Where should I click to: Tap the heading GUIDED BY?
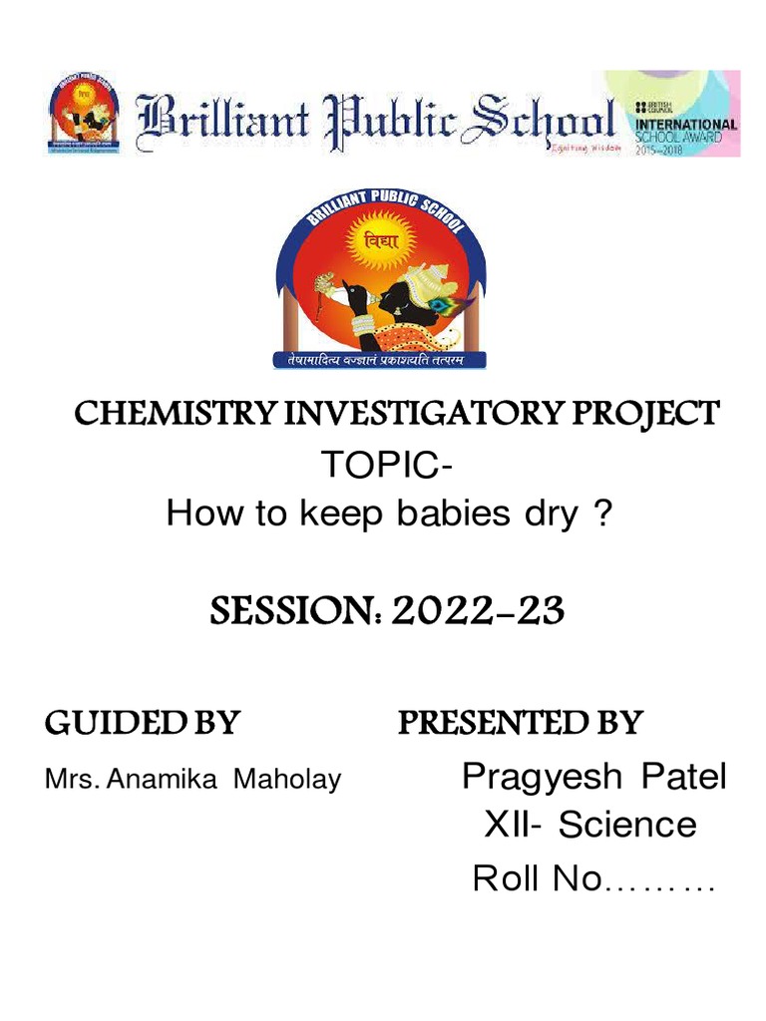[x=142, y=723]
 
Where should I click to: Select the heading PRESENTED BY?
[x=520, y=723]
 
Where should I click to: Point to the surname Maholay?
[x=286, y=779]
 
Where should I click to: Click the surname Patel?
[x=684, y=777]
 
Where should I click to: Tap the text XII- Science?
[x=589, y=825]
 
